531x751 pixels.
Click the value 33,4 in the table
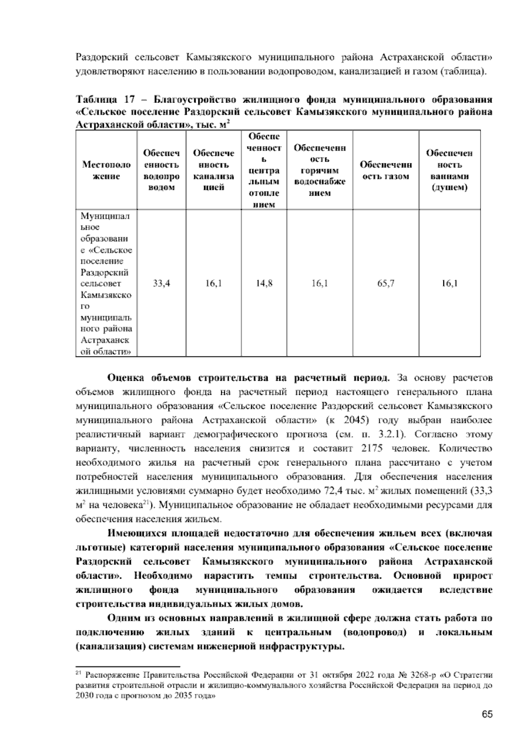coord(161,283)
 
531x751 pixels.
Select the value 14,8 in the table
coord(264,283)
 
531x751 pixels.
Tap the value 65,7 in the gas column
coord(386,283)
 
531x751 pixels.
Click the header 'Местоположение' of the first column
coord(107,170)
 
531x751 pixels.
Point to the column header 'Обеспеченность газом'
coord(386,170)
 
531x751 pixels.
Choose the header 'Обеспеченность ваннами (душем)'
coord(449,170)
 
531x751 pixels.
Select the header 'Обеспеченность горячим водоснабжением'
coord(319,170)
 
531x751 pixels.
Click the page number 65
coord(487,714)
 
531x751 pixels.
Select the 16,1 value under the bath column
coord(449,283)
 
